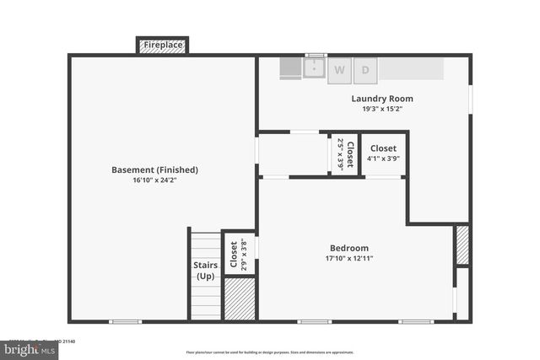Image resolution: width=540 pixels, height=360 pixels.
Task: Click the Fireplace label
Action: point(163,45)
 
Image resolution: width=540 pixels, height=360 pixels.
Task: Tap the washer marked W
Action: point(340,70)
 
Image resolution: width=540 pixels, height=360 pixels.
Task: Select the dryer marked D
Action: point(365,70)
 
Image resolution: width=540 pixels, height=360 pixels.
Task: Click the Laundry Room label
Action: point(382,99)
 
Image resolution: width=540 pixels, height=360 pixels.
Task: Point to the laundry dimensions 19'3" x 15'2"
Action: point(382,109)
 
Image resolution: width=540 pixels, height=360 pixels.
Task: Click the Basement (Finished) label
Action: point(154,169)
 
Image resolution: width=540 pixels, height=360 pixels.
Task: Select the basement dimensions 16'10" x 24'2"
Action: point(154,180)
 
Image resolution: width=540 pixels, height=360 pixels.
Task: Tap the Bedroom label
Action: point(348,248)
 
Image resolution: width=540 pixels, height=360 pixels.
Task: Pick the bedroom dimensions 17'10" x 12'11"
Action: point(348,258)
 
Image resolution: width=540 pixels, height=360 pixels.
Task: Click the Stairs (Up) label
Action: point(205,271)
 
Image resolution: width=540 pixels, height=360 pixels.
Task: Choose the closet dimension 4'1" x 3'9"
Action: point(383,159)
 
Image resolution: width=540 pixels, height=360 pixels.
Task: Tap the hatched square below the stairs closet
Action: point(240,298)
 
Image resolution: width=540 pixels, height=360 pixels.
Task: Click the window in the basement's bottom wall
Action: point(125,321)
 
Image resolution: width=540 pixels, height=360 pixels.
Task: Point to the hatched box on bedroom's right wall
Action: point(462,245)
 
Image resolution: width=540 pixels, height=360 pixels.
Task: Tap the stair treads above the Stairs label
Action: point(205,245)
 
